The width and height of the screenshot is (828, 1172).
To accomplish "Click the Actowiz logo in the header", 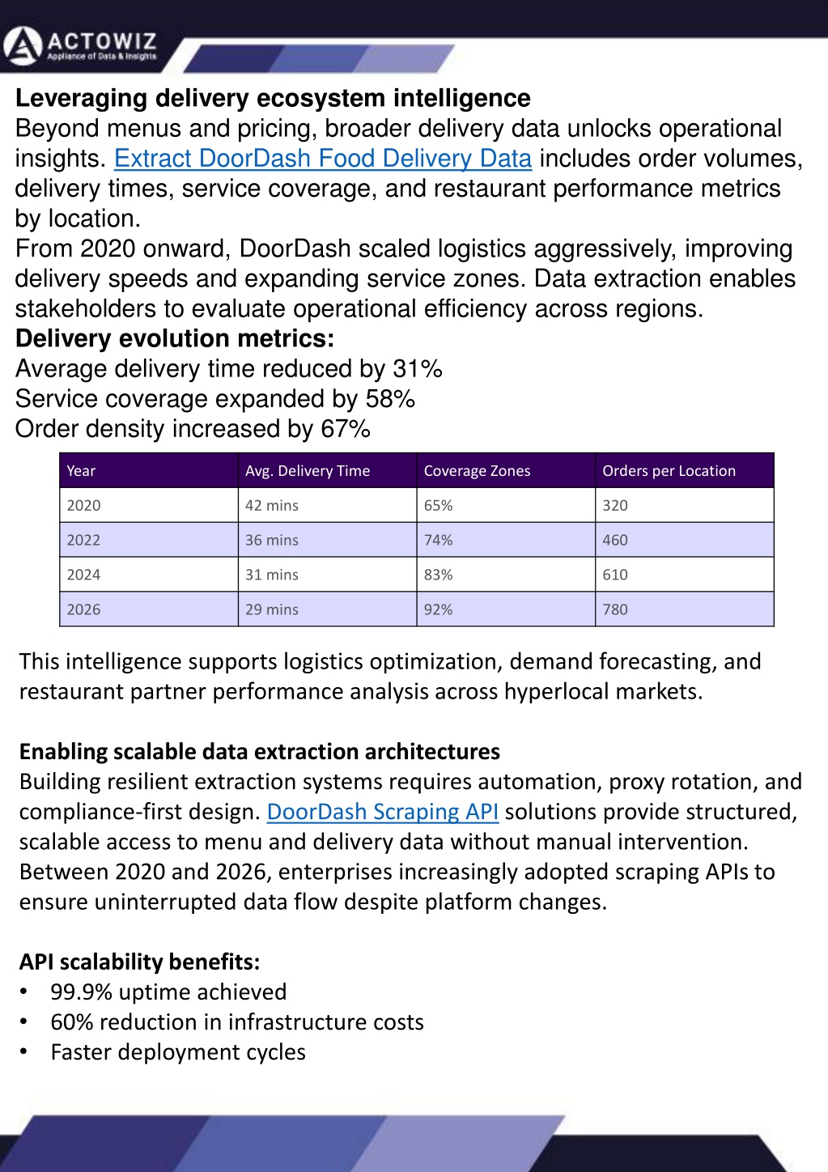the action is point(80,47).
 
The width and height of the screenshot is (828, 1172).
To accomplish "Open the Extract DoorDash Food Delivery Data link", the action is point(323,158).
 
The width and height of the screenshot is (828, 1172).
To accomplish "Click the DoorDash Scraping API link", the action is point(382,812).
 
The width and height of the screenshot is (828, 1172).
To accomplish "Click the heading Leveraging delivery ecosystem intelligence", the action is point(273,99).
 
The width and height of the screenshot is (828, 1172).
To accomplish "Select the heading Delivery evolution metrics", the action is point(175,338).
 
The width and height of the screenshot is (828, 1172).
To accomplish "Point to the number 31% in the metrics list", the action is point(418,368).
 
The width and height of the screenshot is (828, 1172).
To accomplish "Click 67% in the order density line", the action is point(346,428).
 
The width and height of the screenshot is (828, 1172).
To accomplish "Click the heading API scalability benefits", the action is point(140,962).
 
